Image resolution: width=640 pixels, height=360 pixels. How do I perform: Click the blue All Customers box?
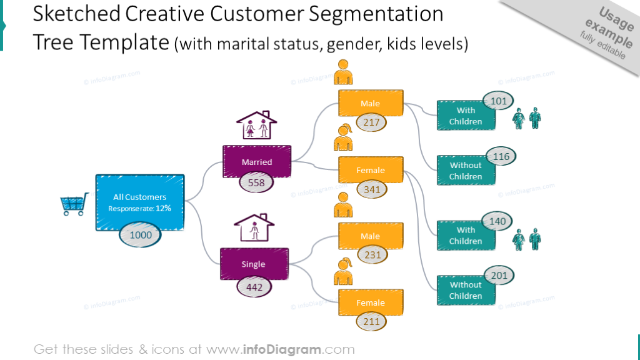click(x=139, y=202)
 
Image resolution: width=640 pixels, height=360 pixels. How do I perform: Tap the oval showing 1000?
click(x=141, y=235)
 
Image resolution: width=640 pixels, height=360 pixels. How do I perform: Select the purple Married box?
click(x=257, y=161)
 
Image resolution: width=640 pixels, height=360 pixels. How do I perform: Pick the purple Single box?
click(x=254, y=264)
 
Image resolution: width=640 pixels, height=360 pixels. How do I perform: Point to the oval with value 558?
click(x=256, y=182)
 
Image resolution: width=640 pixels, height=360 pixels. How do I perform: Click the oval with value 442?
click(x=254, y=287)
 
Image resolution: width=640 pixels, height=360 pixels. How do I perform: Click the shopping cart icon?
click(x=74, y=204)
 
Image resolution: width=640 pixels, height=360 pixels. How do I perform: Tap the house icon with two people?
click(x=256, y=125)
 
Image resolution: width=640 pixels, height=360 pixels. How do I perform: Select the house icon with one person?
click(x=254, y=227)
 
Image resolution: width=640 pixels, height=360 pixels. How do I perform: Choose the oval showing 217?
click(x=371, y=122)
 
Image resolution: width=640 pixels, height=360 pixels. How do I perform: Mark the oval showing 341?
click(x=372, y=189)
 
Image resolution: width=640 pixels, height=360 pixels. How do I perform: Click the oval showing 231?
click(x=372, y=255)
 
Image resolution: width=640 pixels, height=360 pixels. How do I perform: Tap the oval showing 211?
click(x=371, y=322)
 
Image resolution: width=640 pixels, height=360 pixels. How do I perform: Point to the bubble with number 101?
click(x=498, y=101)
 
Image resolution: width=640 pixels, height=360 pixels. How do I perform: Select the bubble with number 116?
click(x=501, y=156)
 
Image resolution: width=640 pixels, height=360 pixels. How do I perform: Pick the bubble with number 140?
click(x=497, y=221)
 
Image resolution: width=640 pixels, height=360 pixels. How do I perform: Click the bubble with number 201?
click(x=499, y=276)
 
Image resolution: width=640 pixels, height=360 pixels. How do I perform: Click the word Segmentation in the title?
click(x=376, y=14)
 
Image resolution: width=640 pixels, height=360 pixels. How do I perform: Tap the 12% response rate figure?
click(x=163, y=208)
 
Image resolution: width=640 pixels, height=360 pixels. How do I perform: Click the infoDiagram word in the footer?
click(x=282, y=349)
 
